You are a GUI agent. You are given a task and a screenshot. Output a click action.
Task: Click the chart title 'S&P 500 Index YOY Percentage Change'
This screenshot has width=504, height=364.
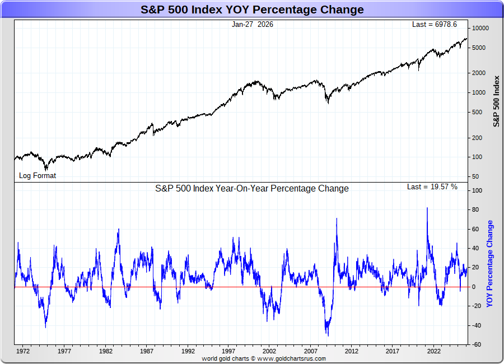click(251, 10)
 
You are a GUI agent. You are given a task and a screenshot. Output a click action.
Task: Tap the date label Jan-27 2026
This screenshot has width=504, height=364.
click(253, 25)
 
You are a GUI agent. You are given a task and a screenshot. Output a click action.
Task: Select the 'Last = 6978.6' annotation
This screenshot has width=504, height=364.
click(434, 25)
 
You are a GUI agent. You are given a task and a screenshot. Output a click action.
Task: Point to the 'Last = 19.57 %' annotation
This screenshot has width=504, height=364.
click(432, 187)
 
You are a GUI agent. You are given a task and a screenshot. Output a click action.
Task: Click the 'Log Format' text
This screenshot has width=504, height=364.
click(38, 175)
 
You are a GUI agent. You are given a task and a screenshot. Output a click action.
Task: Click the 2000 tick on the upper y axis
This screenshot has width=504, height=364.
click(478, 73)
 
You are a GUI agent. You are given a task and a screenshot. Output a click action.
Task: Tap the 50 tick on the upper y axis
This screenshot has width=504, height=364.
click(475, 176)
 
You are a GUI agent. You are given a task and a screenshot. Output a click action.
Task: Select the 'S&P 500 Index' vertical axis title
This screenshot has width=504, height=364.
click(496, 100)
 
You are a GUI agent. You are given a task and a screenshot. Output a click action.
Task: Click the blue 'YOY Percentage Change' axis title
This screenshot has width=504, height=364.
click(490, 264)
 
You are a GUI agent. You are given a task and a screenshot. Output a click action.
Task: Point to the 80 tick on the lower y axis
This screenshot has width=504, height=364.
click(475, 210)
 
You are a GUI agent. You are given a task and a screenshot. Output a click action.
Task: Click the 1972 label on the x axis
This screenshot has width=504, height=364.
click(23, 352)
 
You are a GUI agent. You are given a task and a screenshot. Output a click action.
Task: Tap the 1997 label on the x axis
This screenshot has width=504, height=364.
click(228, 352)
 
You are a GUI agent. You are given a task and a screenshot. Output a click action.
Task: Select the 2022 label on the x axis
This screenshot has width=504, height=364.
click(434, 352)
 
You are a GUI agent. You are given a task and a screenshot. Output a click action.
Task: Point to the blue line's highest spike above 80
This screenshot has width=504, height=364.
click(427, 208)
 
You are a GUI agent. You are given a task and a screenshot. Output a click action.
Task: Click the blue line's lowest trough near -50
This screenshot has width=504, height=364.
click(328, 335)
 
